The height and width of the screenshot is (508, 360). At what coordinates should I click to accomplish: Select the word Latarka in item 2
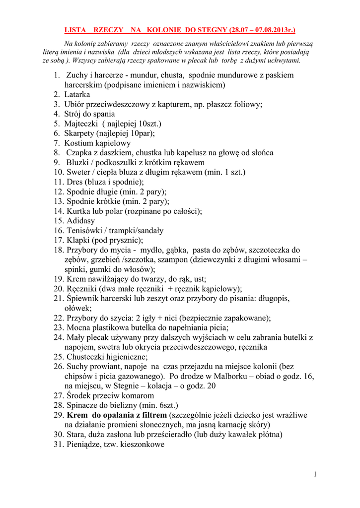[x=77, y=94]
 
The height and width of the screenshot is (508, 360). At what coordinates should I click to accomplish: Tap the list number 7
[x=56, y=143]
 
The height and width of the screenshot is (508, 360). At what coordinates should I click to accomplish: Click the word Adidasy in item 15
[x=81, y=221]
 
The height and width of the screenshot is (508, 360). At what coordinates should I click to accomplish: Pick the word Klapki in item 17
[x=78, y=240]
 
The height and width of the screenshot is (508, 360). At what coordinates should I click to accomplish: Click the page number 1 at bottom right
[x=315, y=474]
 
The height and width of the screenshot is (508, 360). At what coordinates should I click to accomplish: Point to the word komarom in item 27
[x=135, y=396]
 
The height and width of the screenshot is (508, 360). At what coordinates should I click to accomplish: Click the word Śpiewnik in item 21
[x=83, y=299]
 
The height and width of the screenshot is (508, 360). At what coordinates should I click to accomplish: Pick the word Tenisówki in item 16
[x=85, y=231]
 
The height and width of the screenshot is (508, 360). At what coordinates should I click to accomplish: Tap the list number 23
[x=59, y=328]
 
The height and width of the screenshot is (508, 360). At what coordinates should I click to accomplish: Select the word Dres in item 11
[x=75, y=182]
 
